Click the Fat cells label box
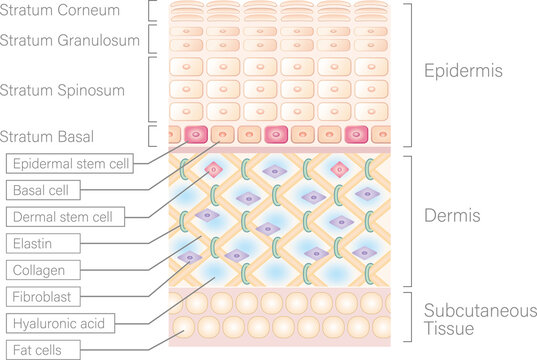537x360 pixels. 39,350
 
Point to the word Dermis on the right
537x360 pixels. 453,216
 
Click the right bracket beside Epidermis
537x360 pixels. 410,73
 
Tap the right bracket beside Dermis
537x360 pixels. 410,216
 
